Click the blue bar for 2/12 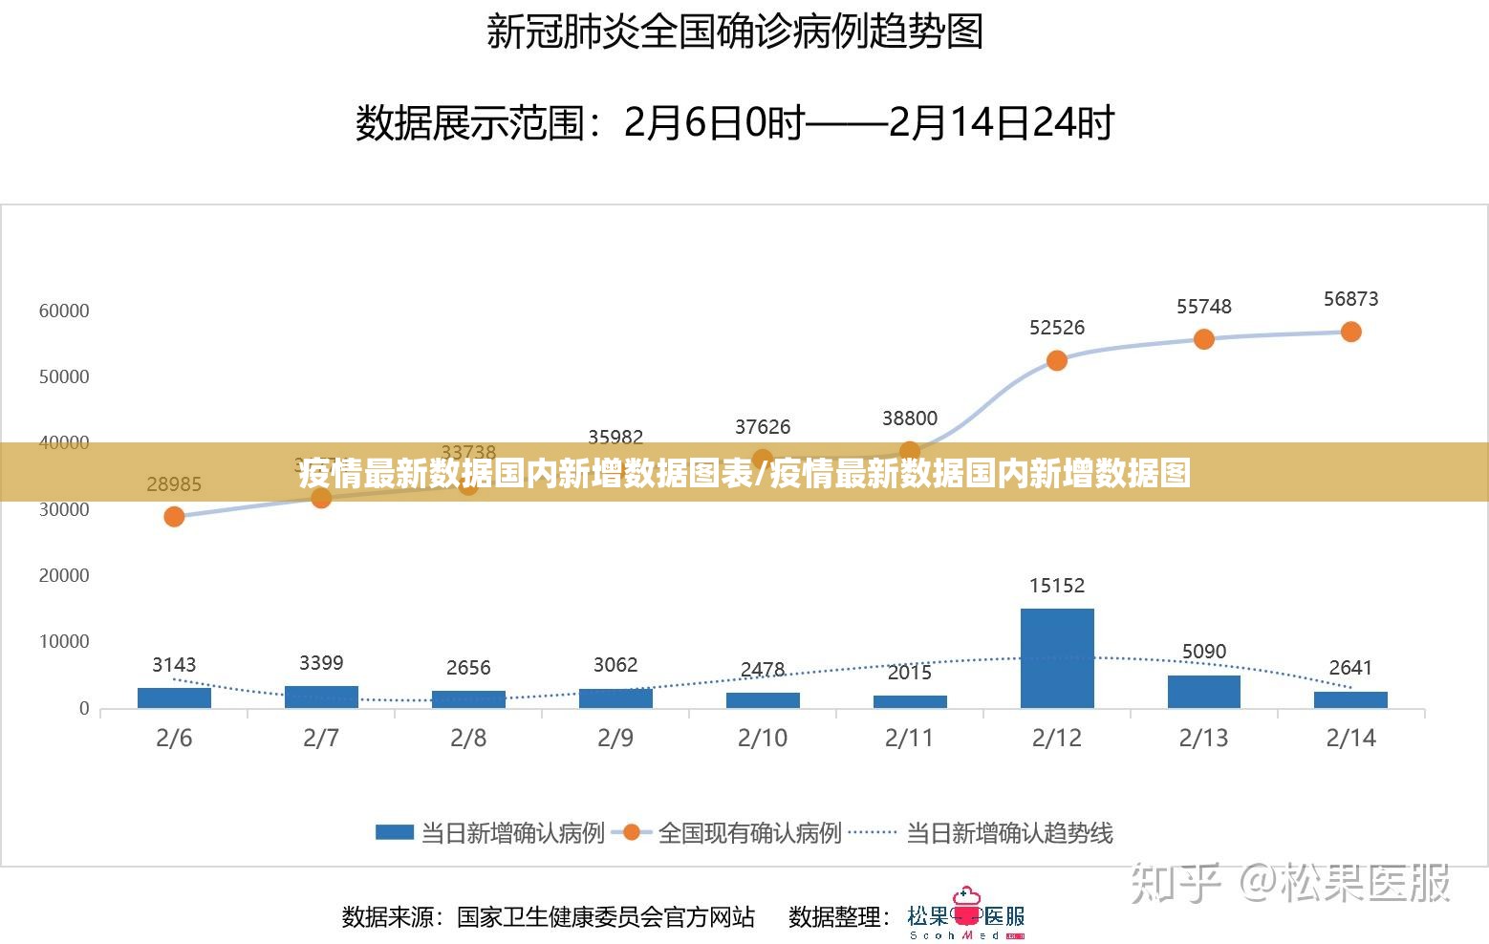[x=1057, y=658]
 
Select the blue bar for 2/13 [x=1204, y=692]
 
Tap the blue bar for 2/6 [x=174, y=697]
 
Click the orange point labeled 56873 [x=1350, y=332]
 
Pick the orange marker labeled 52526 [x=1057, y=360]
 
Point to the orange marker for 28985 [x=174, y=517]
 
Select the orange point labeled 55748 [x=1204, y=339]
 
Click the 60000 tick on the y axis [x=64, y=311]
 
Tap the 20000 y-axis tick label [x=64, y=575]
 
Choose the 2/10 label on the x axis [x=763, y=738]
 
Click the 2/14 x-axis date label [x=1350, y=738]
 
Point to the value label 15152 [x=1057, y=586]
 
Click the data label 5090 [x=1204, y=652]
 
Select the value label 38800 [x=910, y=418]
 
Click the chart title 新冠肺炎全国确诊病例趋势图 [x=735, y=32]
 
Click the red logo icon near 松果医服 [x=967, y=908]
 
